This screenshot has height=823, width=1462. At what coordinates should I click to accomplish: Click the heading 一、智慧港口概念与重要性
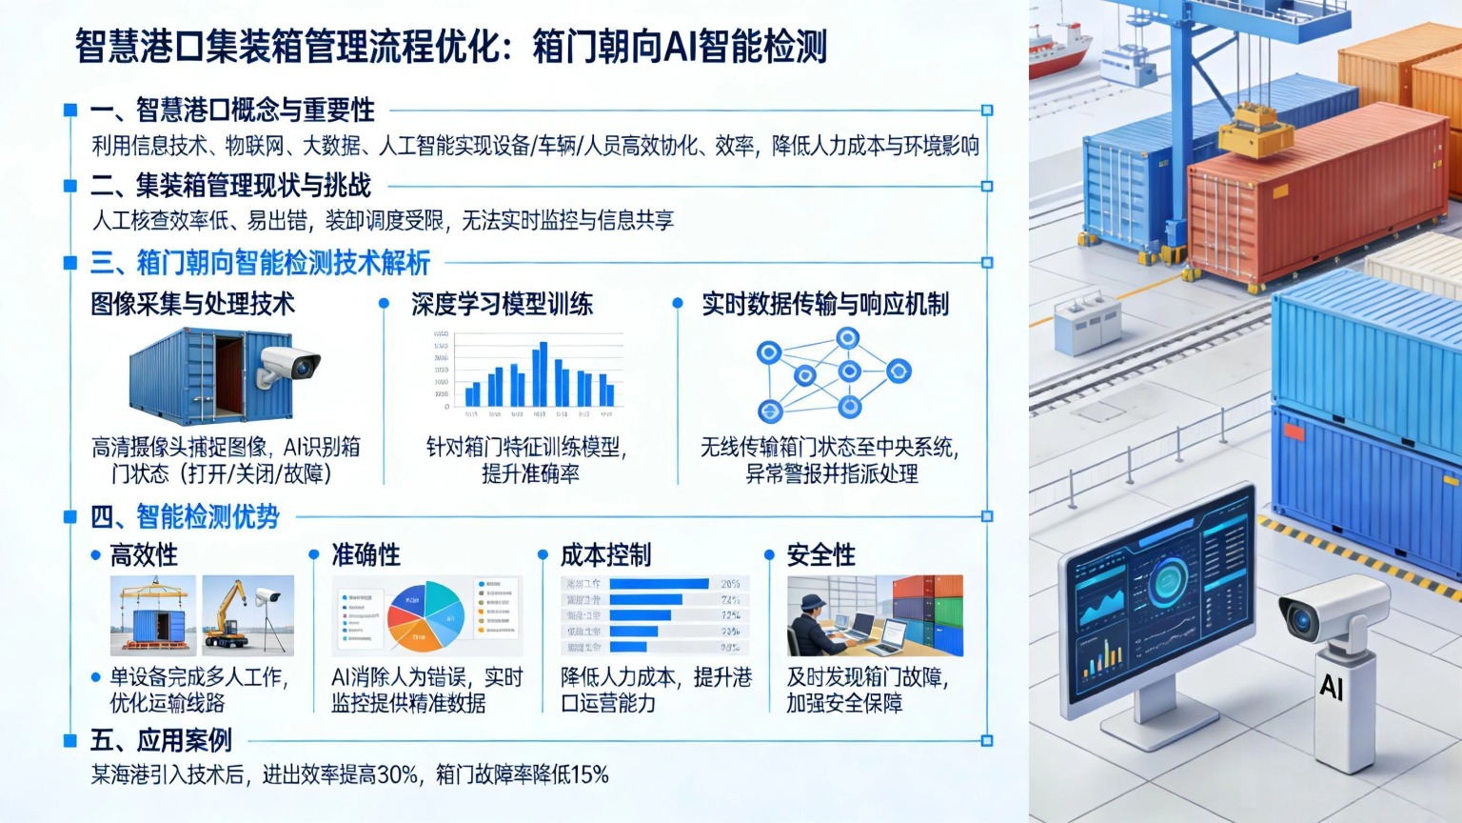pyautogui.click(x=232, y=110)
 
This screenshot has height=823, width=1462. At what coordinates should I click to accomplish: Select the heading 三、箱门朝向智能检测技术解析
pyautogui.click(x=260, y=263)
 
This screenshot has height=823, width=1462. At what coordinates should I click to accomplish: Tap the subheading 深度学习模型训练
pyautogui.click(x=502, y=305)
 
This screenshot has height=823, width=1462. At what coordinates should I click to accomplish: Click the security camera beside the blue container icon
pyautogui.click(x=288, y=365)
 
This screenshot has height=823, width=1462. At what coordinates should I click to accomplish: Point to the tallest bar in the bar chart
pyautogui.click(x=543, y=373)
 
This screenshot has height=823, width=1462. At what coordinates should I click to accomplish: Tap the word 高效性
pyautogui.click(x=144, y=555)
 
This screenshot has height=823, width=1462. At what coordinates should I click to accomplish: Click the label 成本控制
pyautogui.click(x=605, y=555)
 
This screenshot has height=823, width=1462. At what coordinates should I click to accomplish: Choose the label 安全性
pyautogui.click(x=820, y=555)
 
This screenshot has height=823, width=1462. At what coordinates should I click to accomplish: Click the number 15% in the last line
pyautogui.click(x=589, y=774)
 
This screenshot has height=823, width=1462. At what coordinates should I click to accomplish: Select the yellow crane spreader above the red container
pyautogui.click(x=1256, y=133)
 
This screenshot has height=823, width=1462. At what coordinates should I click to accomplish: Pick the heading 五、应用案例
pyautogui.click(x=161, y=740)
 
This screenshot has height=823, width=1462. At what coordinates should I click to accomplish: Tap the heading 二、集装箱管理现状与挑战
pyautogui.click(x=230, y=187)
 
